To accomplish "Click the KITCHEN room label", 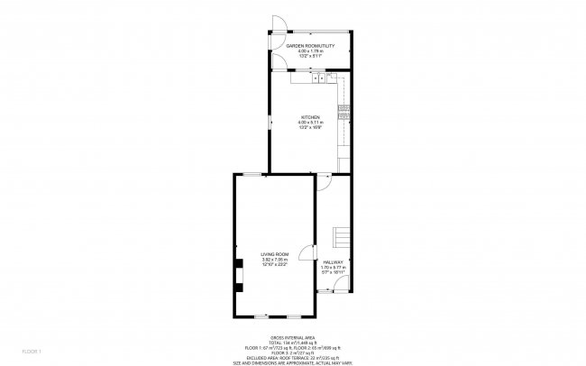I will [310, 117].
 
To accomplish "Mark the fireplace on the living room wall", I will [239, 271].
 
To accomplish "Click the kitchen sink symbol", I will [321, 79].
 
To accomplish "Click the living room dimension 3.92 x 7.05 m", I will [274, 260].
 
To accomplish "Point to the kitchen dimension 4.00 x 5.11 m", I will [310, 123].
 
